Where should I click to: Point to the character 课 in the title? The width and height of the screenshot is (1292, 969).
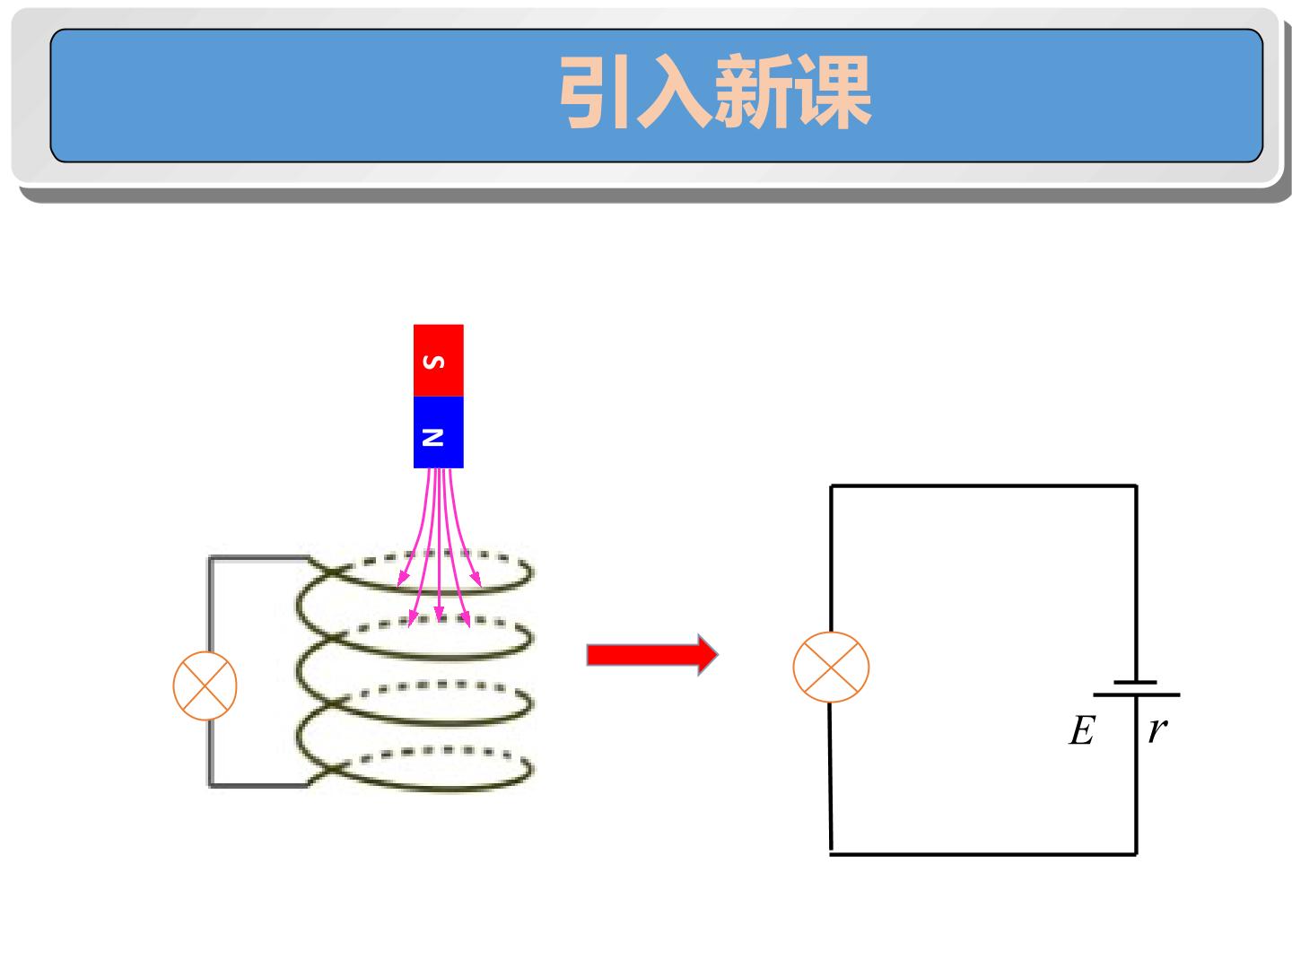[x=833, y=92]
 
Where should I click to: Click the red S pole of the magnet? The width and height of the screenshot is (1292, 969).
[x=439, y=360]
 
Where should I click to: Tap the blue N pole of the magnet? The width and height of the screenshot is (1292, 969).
[x=439, y=432]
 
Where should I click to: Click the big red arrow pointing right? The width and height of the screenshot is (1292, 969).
[x=652, y=655]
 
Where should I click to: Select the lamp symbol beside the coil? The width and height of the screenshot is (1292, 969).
[x=205, y=686]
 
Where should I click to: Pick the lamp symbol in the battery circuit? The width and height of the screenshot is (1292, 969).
[x=831, y=668]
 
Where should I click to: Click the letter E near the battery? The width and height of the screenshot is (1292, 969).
[x=1082, y=730]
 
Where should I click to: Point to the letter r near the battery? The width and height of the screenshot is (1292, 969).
[x=1157, y=730]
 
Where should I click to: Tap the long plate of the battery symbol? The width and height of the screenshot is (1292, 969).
[x=1137, y=694]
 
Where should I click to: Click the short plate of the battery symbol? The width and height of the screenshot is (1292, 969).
[x=1135, y=683]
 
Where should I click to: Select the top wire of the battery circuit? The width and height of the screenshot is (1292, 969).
[x=983, y=486]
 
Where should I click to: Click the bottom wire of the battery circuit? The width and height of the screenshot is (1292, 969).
[x=983, y=854]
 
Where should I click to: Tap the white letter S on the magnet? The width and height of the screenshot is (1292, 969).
[x=433, y=362]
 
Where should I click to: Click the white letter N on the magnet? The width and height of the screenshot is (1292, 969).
[x=433, y=437]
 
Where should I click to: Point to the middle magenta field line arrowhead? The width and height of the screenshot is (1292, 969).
[x=439, y=613]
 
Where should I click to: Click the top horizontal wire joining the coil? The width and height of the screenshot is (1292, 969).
[x=259, y=558]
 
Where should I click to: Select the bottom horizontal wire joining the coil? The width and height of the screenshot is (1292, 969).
[x=259, y=785]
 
